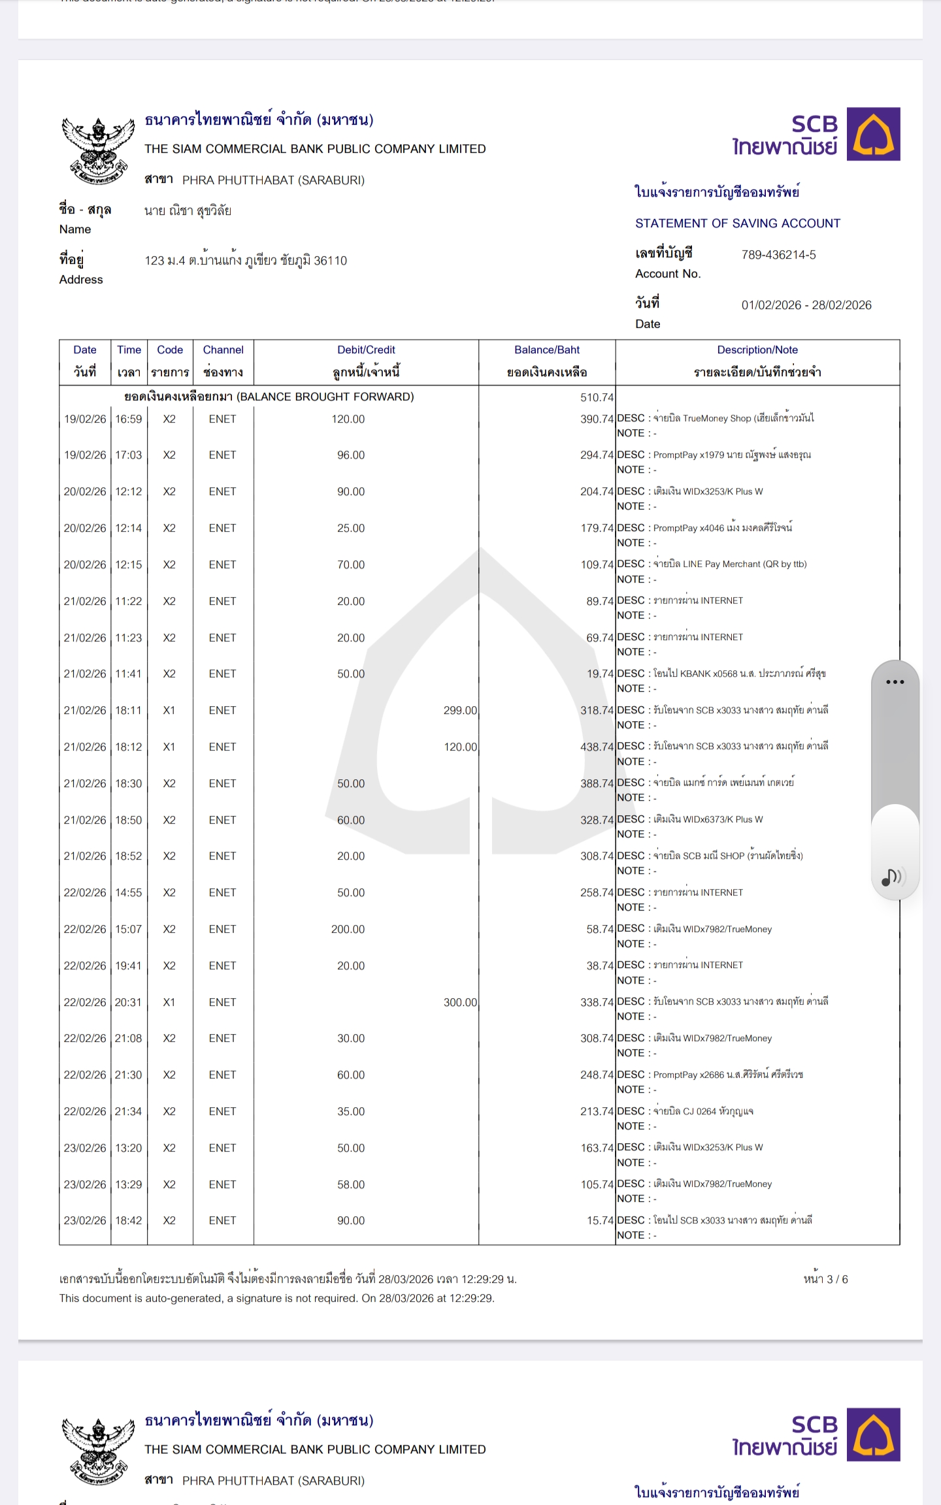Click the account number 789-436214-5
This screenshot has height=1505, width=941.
coord(778,255)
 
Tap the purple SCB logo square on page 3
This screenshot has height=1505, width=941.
coord(873,134)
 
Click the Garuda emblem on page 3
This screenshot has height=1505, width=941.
coord(98,151)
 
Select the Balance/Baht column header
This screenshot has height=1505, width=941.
coord(547,350)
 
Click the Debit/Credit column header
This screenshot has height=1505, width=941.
coord(366,350)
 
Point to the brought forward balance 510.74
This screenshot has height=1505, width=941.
coord(597,397)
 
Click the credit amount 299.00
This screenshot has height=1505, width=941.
coord(460,710)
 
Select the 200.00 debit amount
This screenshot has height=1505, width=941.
coord(348,929)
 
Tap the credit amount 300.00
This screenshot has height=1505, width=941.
coord(460,1002)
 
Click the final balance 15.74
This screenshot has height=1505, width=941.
coord(600,1220)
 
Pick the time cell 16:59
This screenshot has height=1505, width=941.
coord(129,419)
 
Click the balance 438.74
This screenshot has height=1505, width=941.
coord(597,747)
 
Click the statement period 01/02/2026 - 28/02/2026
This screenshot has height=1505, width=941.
coord(806,305)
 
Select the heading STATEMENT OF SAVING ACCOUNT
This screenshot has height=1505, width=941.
coord(738,223)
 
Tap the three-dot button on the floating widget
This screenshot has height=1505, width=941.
coord(895,682)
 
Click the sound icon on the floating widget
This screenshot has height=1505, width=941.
coord(892,877)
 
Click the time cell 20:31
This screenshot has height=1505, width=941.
coord(129,1002)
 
